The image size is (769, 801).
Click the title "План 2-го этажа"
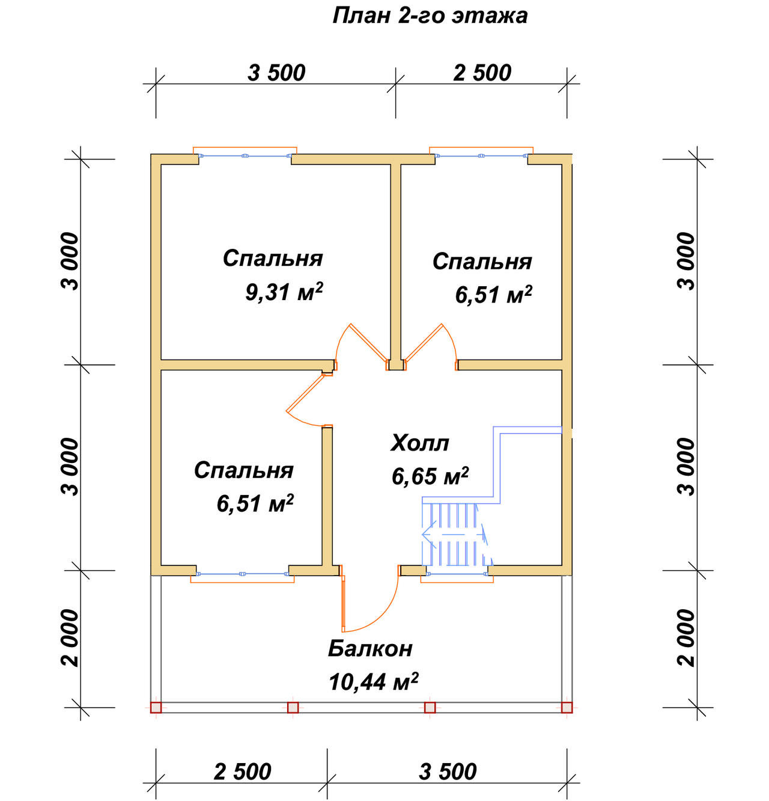coord(430,16)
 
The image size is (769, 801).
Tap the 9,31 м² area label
coord(284,292)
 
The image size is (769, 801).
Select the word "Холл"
coord(419,443)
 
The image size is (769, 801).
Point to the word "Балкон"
coord(370,649)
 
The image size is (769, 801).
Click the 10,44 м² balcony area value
coord(374,682)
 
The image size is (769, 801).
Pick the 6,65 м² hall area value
coord(430,476)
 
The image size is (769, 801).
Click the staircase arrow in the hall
coord(452,535)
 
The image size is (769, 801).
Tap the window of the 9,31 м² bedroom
coord(245,156)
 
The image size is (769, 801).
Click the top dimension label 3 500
coord(276,73)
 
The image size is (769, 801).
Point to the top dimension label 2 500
coord(482,73)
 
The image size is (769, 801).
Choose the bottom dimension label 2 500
coord(242,772)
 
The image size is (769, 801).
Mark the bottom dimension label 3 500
coord(448,772)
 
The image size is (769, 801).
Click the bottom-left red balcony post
coord(156,708)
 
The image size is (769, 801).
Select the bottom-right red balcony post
coord(567,708)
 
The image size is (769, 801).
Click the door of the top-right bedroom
coord(424,342)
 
